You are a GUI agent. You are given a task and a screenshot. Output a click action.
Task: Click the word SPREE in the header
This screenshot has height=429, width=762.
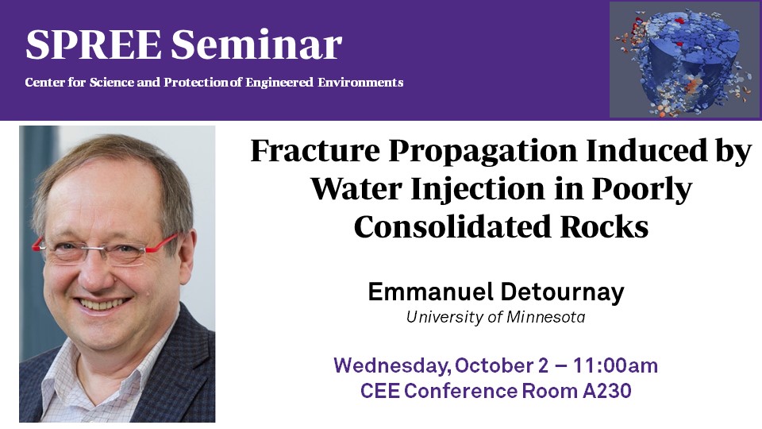click(94, 44)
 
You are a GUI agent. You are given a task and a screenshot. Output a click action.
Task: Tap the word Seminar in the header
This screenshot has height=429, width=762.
click(256, 44)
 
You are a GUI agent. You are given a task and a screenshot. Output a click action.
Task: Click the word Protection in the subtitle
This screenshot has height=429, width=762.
click(196, 82)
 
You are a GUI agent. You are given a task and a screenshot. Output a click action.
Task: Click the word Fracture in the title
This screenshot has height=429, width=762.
click(315, 150)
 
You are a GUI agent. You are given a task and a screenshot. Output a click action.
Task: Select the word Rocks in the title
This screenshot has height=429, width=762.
click(605, 226)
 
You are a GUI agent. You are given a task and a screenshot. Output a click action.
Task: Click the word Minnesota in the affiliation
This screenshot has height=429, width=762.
click(546, 317)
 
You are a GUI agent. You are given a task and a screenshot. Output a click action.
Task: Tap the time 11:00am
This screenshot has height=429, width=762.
click(615, 365)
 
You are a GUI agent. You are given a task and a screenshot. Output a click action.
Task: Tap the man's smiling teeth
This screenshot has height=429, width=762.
click(103, 303)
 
